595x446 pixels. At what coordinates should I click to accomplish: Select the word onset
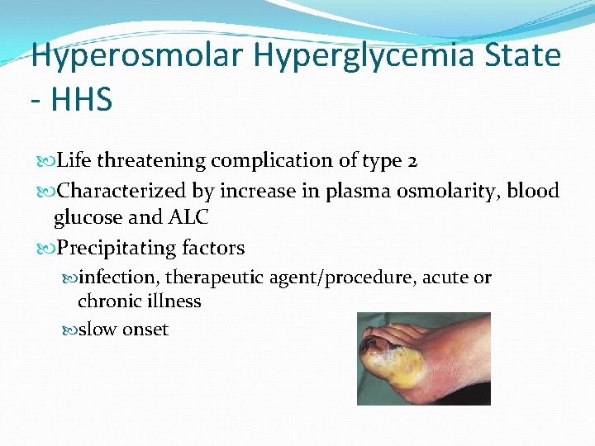pos(145,330)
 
